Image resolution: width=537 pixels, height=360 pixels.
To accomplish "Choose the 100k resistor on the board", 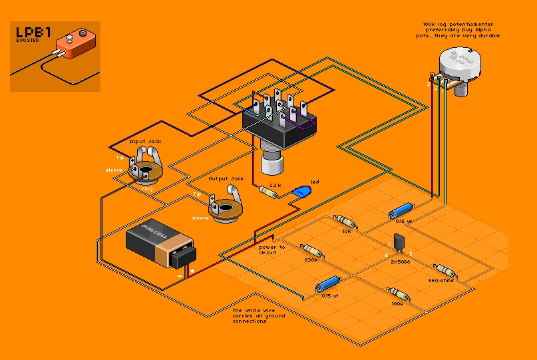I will pos(398,293).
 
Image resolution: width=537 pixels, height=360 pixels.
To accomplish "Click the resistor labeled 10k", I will pos(344,220).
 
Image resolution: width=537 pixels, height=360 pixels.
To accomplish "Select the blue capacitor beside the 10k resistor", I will pos(401,211).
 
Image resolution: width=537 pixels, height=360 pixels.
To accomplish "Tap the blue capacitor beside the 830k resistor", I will pos(329,285).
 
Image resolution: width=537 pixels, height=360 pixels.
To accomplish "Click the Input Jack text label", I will pos(146,142).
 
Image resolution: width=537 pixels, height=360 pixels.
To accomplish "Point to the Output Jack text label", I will pos(226,179).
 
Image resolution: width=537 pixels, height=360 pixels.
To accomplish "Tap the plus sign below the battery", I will pos(192,271).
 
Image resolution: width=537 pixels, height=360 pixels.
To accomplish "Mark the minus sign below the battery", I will pos(179,273).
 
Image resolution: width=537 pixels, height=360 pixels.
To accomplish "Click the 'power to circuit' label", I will pos(272,250).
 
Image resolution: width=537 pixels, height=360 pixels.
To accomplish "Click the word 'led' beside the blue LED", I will pos(315,182).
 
